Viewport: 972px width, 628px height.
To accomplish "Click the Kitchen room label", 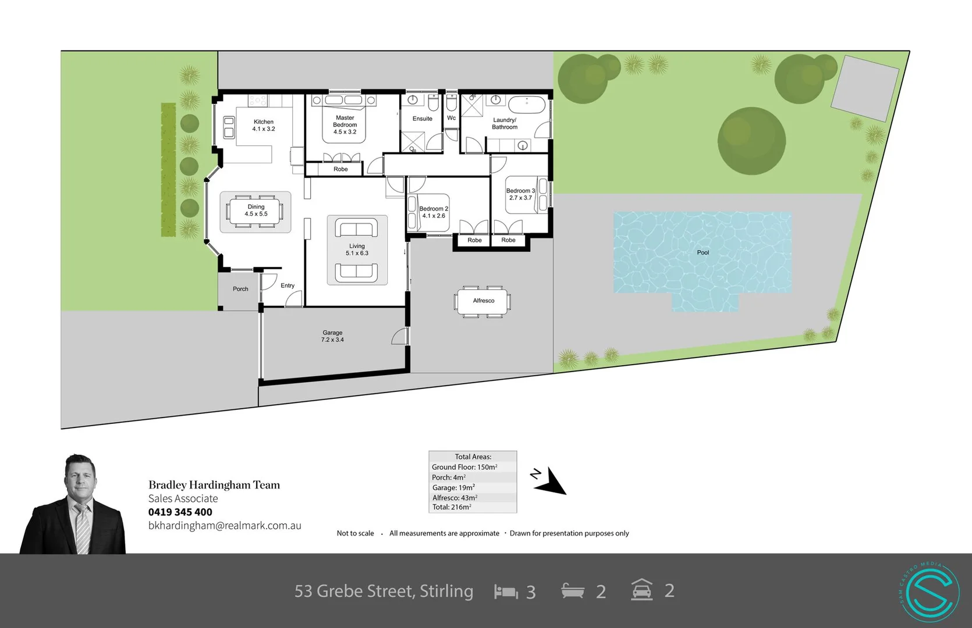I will click(263, 125).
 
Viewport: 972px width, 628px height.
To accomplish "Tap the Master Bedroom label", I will click(345, 124).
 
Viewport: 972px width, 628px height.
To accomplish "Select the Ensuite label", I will click(422, 119).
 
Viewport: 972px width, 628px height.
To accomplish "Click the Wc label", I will click(451, 118).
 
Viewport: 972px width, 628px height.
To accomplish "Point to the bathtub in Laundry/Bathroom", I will click(527, 105).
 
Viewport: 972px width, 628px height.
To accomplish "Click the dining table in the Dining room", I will click(256, 210).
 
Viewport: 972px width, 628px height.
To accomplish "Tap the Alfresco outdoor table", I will click(483, 301).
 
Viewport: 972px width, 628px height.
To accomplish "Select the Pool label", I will click(703, 252).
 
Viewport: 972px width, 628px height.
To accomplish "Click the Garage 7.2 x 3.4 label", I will click(332, 336).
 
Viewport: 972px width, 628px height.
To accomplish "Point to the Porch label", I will click(240, 289).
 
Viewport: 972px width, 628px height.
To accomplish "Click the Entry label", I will click(287, 286).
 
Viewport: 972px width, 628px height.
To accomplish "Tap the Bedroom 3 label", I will click(520, 194).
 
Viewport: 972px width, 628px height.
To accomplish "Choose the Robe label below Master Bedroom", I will click(340, 169).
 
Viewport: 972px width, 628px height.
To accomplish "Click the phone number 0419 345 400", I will click(180, 512).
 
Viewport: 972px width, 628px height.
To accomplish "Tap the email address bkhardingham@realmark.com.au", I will click(225, 526).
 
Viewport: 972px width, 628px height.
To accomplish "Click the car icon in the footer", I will click(641, 590).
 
